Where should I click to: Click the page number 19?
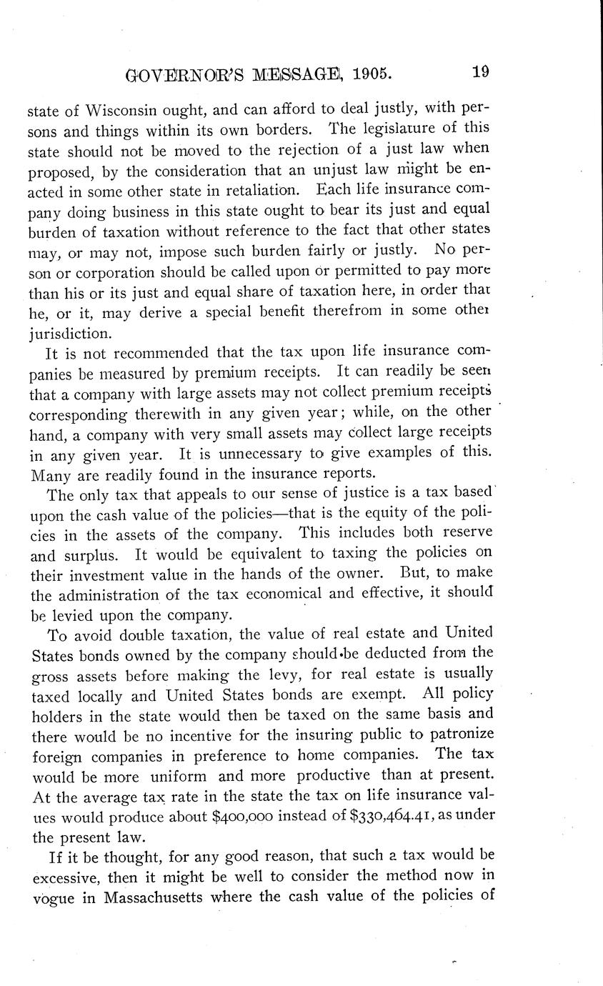pos(480,72)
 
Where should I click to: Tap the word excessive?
pos(66,875)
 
